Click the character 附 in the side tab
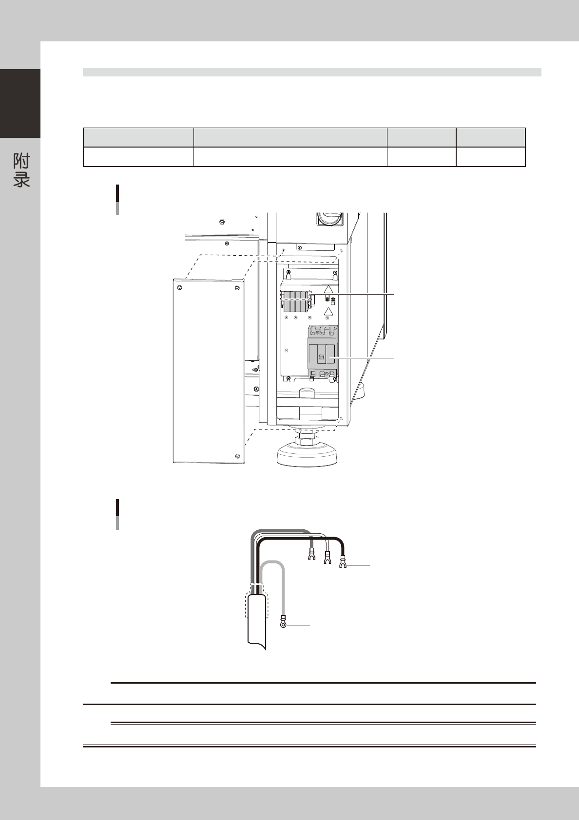pyautogui.click(x=21, y=161)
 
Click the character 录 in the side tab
pyautogui.click(x=21, y=179)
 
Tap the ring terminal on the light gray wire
pyautogui.click(x=283, y=622)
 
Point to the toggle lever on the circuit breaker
pyautogui.click(x=321, y=357)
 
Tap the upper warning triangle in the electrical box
pyautogui.click(x=328, y=289)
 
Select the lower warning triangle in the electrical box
pyautogui.click(x=328, y=312)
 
